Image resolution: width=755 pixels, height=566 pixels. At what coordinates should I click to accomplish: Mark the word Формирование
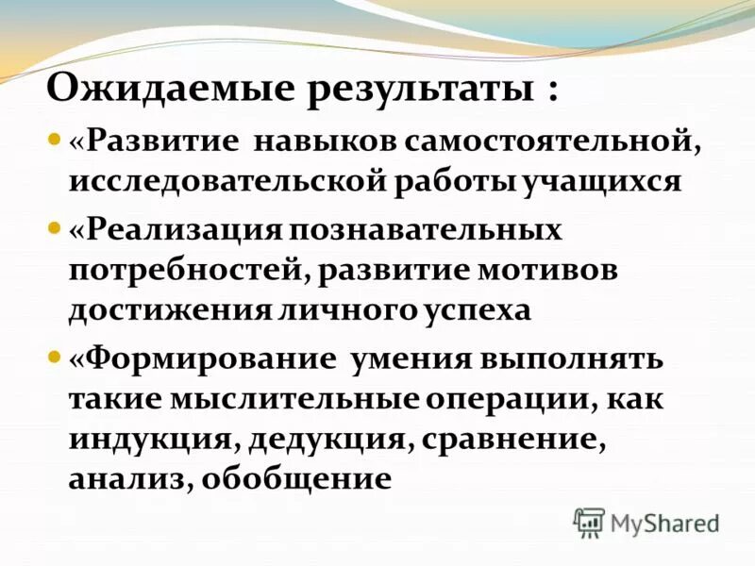pos(203,360)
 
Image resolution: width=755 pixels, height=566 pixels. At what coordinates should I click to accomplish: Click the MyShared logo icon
pos(589,522)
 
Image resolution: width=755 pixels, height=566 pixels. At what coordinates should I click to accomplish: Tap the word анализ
pos(126,477)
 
